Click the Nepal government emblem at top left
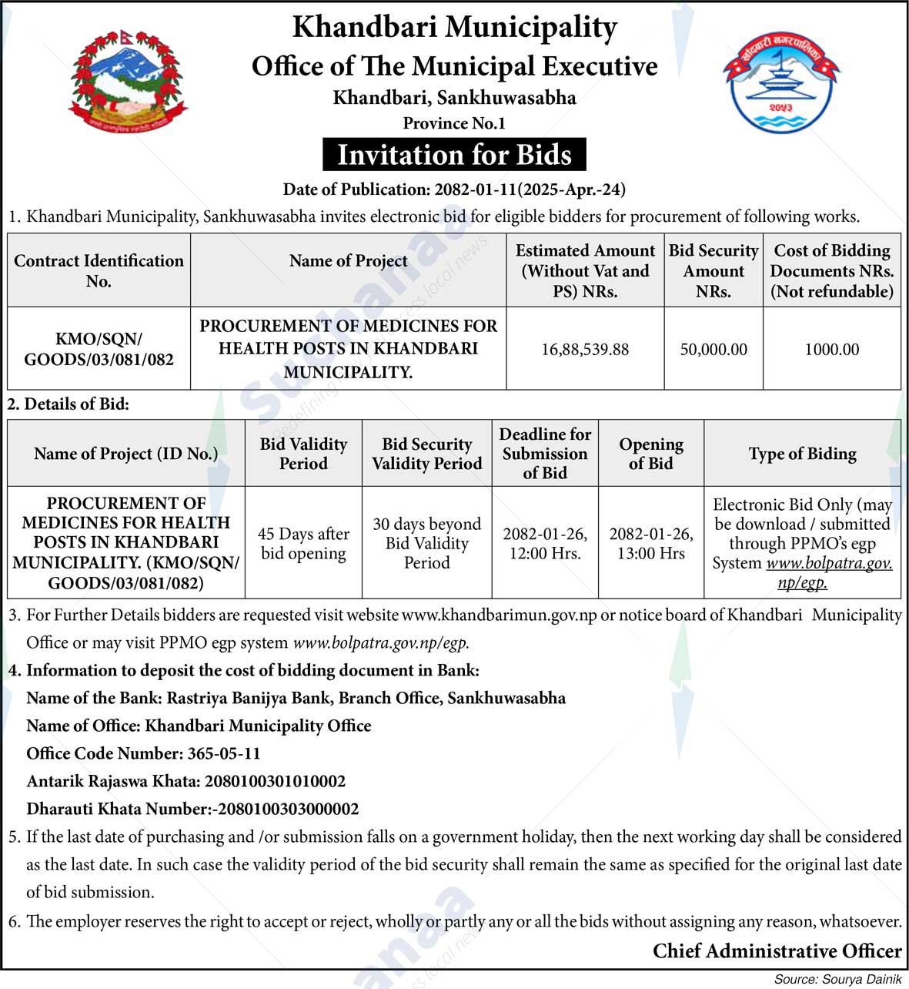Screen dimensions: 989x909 coord(129,82)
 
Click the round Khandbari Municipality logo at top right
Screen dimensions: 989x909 coord(780,82)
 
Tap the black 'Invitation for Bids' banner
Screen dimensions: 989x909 coord(454,155)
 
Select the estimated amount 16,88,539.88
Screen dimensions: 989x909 coord(585,350)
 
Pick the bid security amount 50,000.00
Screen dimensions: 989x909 coord(713,350)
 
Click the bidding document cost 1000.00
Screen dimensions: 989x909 coord(831,350)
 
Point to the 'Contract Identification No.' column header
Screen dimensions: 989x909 coord(99,270)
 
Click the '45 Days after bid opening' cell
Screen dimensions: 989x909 coord(303,543)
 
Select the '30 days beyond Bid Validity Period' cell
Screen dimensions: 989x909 coord(426,543)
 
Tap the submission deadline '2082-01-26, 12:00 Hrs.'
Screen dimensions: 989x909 coord(545,543)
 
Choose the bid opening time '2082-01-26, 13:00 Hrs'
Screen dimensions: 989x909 coord(650,543)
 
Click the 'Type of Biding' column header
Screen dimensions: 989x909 coord(802,454)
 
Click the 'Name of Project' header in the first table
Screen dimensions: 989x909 coord(348,261)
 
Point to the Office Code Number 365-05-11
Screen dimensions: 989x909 coord(224,753)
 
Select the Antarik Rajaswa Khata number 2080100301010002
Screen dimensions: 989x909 coord(275,781)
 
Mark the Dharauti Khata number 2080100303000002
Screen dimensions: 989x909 coord(288,809)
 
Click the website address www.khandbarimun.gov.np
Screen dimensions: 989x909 coord(499,615)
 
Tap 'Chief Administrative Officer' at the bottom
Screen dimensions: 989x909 coord(777,951)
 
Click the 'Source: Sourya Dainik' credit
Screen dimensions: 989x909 coord(837,979)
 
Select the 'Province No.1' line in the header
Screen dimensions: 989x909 coord(454,123)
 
